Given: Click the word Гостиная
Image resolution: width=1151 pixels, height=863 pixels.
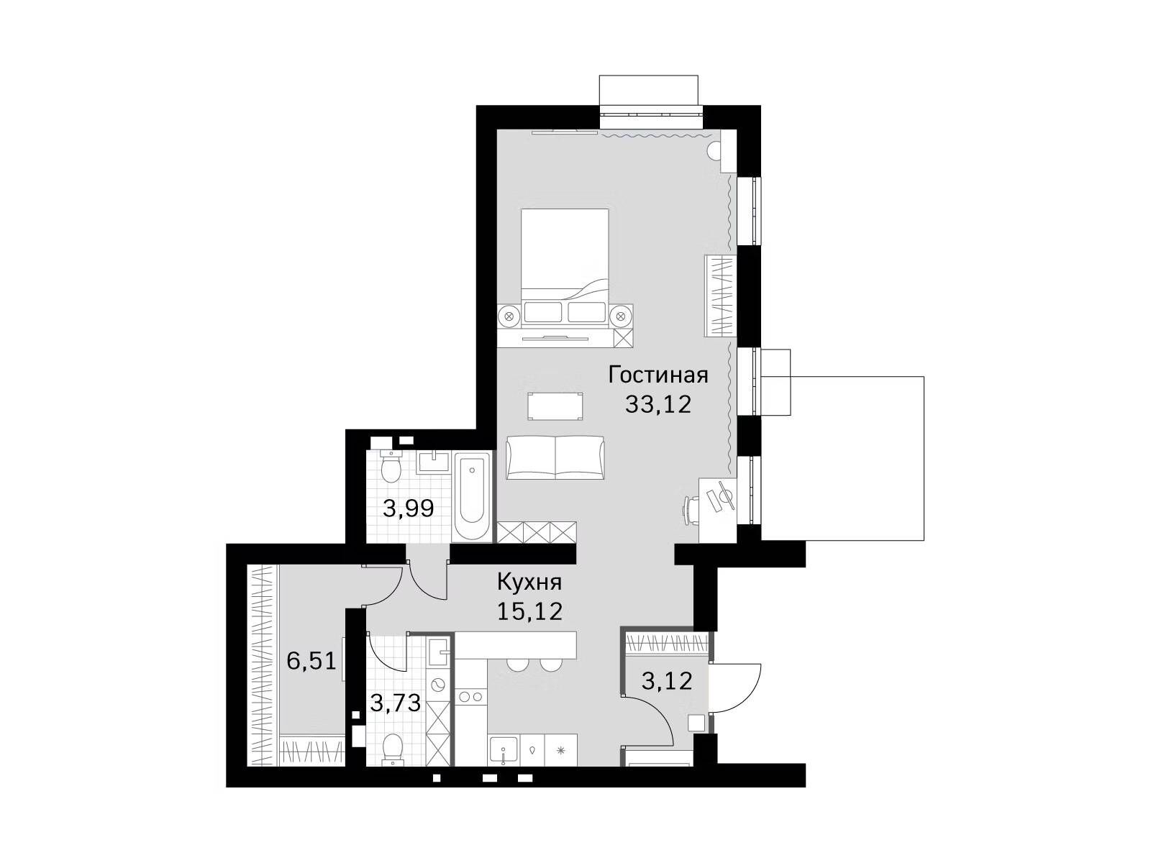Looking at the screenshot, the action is pos(658,375).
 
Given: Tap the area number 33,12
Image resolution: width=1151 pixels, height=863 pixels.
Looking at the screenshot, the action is pos(659,404).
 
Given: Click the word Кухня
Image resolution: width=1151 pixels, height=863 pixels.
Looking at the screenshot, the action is pos(529,582).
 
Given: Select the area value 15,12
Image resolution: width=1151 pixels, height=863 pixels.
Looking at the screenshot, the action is pos(529,611).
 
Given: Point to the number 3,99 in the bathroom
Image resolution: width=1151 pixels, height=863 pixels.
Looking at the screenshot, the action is pos(409,508).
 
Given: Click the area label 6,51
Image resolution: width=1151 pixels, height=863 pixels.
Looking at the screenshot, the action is pos(311,661).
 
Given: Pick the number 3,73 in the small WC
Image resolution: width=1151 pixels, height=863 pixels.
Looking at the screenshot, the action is pos(396,703).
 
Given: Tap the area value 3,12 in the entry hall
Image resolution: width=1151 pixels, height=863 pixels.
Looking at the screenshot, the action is pos(667,680).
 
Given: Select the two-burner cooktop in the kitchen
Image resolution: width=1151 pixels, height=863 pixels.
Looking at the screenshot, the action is pos(470,697).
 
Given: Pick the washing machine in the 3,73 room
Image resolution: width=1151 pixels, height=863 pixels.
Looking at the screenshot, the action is pos(438,684).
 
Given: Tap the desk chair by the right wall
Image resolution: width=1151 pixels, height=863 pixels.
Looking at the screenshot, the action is pos(691,508).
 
